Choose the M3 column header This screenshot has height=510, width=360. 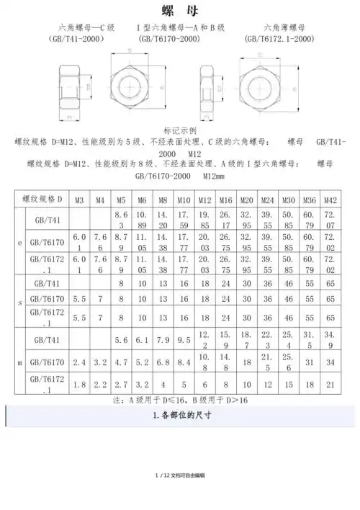(x=79, y=198)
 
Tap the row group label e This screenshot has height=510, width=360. (x=19, y=243)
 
